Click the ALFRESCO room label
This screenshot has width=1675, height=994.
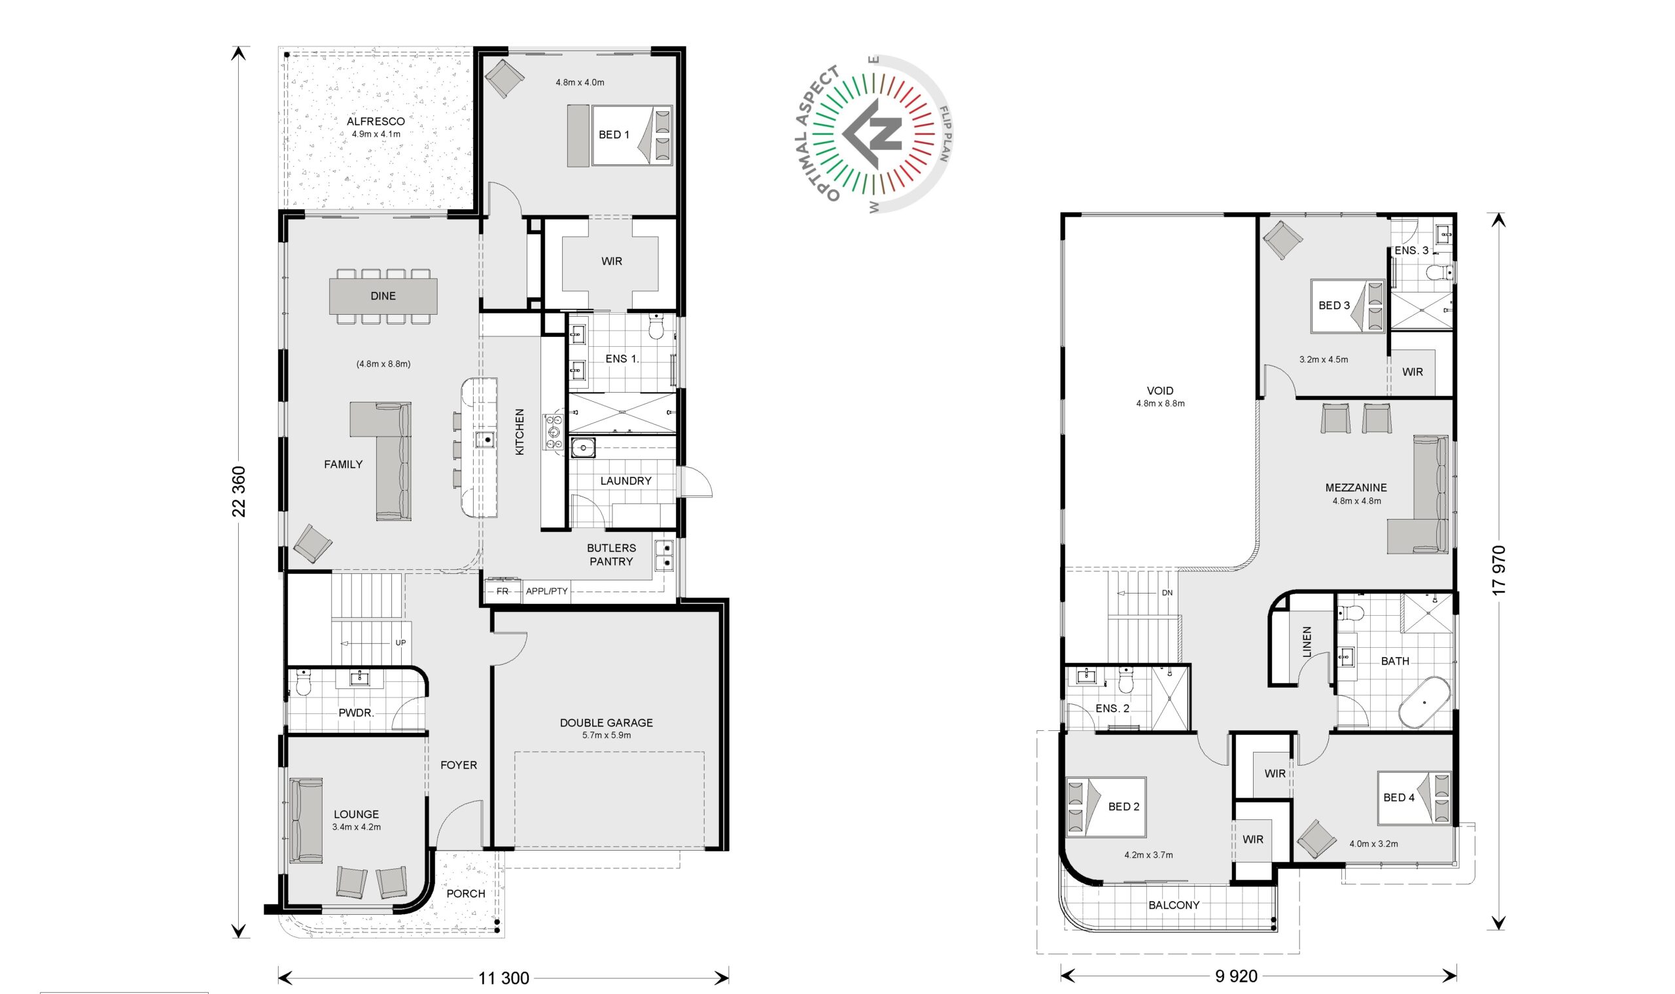pyautogui.click(x=376, y=121)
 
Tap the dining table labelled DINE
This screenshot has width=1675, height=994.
pyautogui.click(x=383, y=296)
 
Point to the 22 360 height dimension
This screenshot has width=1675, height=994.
pyautogui.click(x=239, y=491)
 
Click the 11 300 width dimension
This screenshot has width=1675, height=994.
pyautogui.click(x=504, y=978)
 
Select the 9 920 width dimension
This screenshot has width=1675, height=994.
pyautogui.click(x=1237, y=976)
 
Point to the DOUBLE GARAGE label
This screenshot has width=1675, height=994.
pyautogui.click(x=606, y=722)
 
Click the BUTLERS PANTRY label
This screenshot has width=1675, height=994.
pyautogui.click(x=612, y=555)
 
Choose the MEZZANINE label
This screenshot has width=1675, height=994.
pyautogui.click(x=1356, y=488)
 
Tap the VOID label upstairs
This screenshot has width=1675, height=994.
pyautogui.click(x=1160, y=391)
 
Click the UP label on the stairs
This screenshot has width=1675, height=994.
pyautogui.click(x=400, y=643)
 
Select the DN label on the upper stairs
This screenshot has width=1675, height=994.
pyautogui.click(x=1167, y=593)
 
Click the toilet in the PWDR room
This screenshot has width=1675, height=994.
pyautogui.click(x=304, y=683)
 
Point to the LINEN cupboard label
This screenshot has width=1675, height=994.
pyautogui.click(x=1307, y=642)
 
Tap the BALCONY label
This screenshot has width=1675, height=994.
pyautogui.click(x=1173, y=905)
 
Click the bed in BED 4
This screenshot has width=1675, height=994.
pyautogui.click(x=1414, y=798)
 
